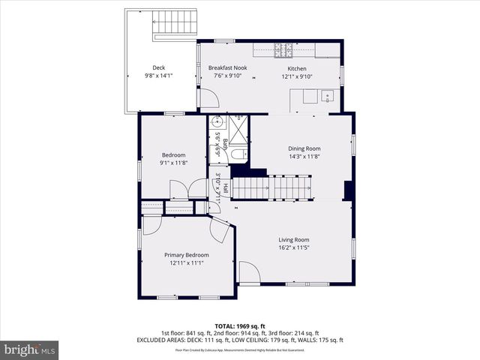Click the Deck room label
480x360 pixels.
click(x=158, y=67)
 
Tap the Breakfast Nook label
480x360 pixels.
click(x=227, y=67)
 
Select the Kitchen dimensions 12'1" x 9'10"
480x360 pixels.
click(x=297, y=76)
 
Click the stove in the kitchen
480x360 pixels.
click(x=284, y=50)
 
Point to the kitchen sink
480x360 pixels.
click(x=328, y=96)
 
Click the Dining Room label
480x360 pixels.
click(x=304, y=148)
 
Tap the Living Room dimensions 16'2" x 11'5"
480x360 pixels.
click(x=294, y=248)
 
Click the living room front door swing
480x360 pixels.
click(x=249, y=273)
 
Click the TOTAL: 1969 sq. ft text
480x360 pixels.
click(x=239, y=326)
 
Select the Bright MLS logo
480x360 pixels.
click(x=30, y=349)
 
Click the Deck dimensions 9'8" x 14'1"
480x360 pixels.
click(x=158, y=76)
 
